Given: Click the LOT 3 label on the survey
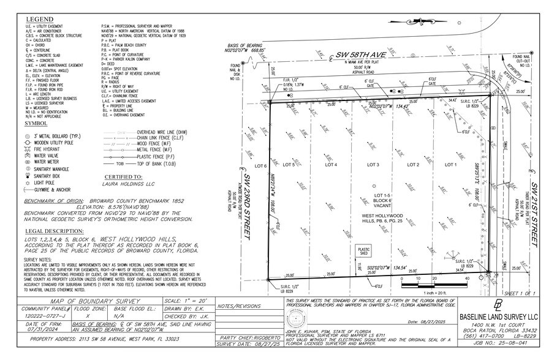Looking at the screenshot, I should (373, 165).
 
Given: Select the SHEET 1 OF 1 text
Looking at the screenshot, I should (521, 294).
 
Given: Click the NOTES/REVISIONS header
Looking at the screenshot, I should (239, 304).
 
